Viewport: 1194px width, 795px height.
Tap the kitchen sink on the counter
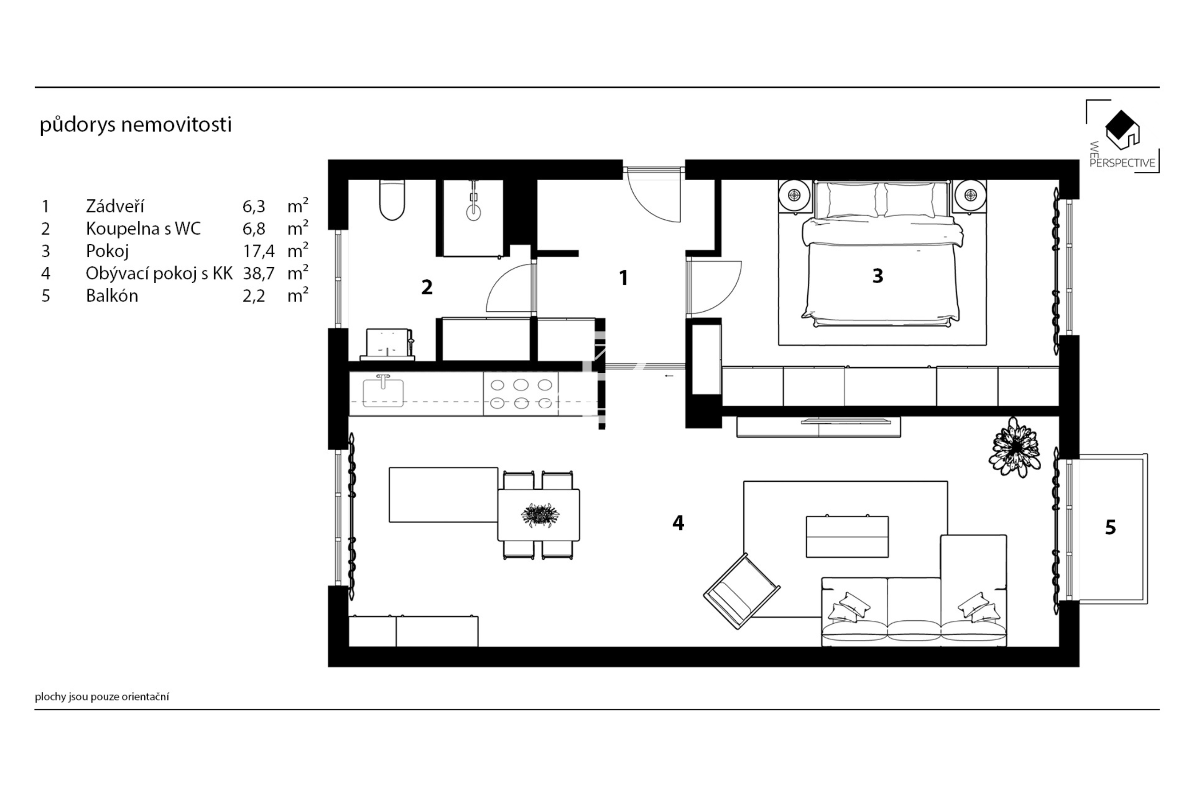pyautogui.click(x=383, y=391)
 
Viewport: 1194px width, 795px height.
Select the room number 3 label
pyautogui.click(x=877, y=276)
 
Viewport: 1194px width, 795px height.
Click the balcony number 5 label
pyautogui.click(x=1110, y=527)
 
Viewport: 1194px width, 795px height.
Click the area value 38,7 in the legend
pyautogui.click(x=258, y=273)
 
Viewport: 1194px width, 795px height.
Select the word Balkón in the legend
pyautogui.click(x=112, y=296)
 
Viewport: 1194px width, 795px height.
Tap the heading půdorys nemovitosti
pyautogui.click(x=135, y=124)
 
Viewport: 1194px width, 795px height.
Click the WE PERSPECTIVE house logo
pyautogui.click(x=1122, y=130)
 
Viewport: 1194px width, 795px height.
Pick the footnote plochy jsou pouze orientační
pyautogui.click(x=102, y=697)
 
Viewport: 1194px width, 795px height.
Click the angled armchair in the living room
pyautogui.click(x=742, y=591)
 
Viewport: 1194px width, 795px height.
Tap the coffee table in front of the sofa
pyautogui.click(x=847, y=536)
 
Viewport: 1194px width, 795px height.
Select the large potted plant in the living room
pyautogui.click(x=1014, y=447)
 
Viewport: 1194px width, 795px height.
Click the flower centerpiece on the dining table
pyautogui.click(x=540, y=515)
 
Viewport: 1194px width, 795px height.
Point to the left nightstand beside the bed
pyautogui.click(x=795, y=196)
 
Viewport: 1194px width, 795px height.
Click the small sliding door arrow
pyautogui.click(x=669, y=376)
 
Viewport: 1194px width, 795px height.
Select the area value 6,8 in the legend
pyautogui.click(x=254, y=229)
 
